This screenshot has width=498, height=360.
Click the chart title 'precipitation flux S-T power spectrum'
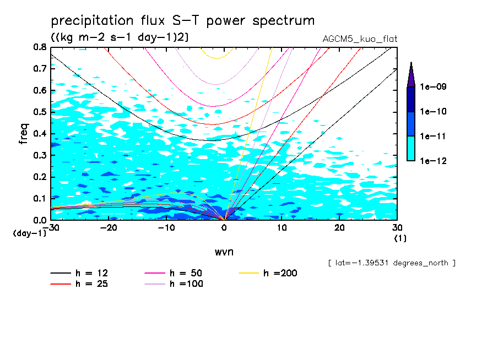tap(182, 21)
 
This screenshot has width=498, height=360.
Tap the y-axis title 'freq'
tap(24, 133)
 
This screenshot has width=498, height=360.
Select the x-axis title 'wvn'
tap(224, 252)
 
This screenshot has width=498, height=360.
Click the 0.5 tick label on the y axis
tap(40, 112)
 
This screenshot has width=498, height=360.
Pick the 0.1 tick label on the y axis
tap(40, 198)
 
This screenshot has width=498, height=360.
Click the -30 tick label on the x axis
tap(52, 227)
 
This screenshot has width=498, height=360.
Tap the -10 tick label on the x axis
tap(166, 227)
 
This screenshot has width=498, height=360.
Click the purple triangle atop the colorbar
tap(411, 75)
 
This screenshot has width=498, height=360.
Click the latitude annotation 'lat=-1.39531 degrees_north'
tap(391, 263)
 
